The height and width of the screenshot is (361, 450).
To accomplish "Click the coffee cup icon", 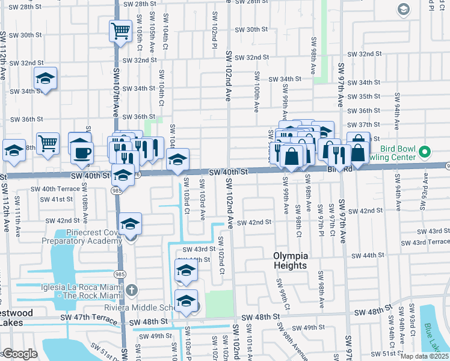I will pyautogui.click(x=82, y=152).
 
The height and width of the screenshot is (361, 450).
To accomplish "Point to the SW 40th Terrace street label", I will pyautogui.click(x=52, y=188).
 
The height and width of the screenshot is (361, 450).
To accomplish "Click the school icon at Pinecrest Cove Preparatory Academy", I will pyautogui.click(x=130, y=224).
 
